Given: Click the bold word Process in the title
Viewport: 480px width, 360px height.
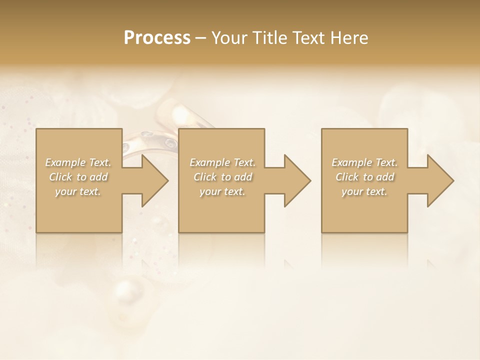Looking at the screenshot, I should pyautogui.click(x=157, y=38).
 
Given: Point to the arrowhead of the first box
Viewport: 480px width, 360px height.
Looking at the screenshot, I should pyautogui.click(x=155, y=180).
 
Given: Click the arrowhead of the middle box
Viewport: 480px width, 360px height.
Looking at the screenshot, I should pyautogui.click(x=297, y=180).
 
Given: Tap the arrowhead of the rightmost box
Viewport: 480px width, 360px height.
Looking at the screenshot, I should pyautogui.click(x=440, y=180).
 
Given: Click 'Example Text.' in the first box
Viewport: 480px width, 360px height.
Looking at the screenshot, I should pyautogui.click(x=78, y=162).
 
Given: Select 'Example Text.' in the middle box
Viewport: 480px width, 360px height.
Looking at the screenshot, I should pyautogui.click(x=222, y=162).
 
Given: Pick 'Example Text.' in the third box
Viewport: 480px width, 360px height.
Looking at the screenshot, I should pyautogui.click(x=364, y=162).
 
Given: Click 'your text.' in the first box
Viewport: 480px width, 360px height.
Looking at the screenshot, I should pyautogui.click(x=78, y=191).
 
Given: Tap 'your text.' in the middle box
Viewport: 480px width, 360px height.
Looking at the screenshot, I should pyautogui.click(x=222, y=191).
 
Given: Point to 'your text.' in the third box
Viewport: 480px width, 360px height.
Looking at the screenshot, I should pyautogui.click(x=364, y=191).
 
